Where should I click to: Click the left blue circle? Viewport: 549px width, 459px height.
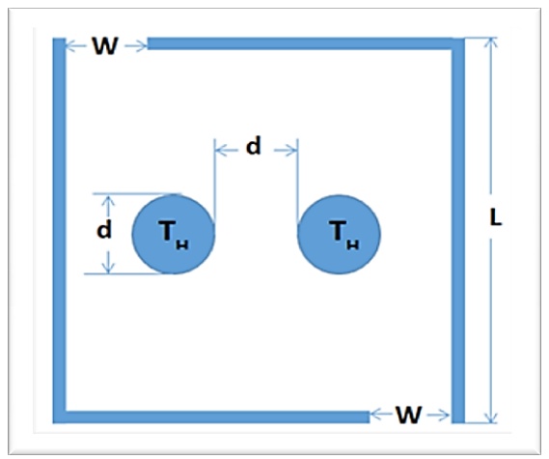[174, 234]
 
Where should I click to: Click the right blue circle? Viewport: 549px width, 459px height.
[339, 234]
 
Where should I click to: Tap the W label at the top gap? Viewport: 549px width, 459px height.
[105, 46]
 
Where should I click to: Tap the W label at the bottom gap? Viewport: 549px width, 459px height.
[409, 416]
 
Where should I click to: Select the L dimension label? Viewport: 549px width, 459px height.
[495, 218]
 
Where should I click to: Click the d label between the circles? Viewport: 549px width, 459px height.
[254, 146]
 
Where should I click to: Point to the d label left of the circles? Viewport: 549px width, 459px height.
[104, 229]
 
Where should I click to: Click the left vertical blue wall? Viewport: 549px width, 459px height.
[59, 230]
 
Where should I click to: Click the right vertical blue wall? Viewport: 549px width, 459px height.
[458, 230]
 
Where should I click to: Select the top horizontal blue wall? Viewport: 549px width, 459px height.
[306, 43]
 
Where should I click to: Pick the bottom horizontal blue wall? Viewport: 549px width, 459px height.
[211, 416]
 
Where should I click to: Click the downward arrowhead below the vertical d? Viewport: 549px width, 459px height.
[108, 268]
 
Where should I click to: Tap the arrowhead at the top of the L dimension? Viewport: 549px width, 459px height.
[492, 43]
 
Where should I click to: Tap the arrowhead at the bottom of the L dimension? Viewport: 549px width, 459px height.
[492, 417]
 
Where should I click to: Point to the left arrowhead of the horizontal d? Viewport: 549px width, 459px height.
[220, 151]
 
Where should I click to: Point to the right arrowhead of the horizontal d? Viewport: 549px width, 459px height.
[291, 151]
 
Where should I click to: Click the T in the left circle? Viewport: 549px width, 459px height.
[166, 230]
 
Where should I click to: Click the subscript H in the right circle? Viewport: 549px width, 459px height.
[352, 244]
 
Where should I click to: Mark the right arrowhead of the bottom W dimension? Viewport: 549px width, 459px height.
[444, 416]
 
